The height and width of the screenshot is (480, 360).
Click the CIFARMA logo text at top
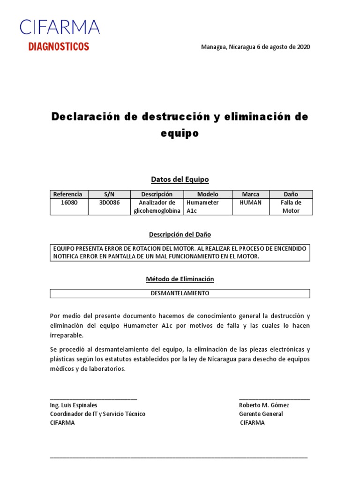tap(60, 27)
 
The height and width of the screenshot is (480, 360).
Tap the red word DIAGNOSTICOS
tap(59, 46)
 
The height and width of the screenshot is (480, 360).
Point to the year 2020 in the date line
tap(303, 47)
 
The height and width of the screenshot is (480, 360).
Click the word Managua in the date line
tap(213, 47)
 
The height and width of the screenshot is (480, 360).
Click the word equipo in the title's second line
tap(180, 134)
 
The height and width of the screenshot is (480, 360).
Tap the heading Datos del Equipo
tap(180, 179)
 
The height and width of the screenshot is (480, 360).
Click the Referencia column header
tap(68, 194)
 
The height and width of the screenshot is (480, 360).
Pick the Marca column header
tap(250, 194)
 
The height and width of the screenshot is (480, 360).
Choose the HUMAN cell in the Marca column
tap(250, 202)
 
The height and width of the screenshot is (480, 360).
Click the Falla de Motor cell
tap(291, 207)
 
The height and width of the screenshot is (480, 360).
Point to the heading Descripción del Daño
tap(180, 234)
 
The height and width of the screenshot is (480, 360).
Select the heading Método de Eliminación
tap(180, 279)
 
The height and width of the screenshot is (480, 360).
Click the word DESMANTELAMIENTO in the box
tap(180, 293)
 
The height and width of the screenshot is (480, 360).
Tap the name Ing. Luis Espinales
tap(74, 405)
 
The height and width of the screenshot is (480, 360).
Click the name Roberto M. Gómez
tap(264, 405)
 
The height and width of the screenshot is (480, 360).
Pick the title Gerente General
tap(261, 414)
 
